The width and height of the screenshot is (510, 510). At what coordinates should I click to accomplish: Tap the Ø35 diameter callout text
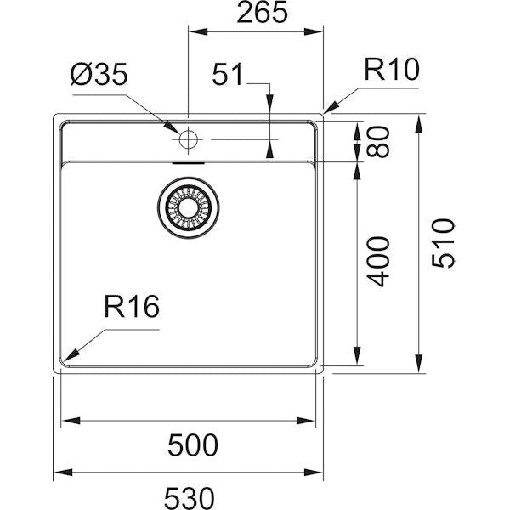pyautogui.click(x=99, y=76)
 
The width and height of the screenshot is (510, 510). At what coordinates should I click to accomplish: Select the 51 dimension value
pyautogui.click(x=228, y=76)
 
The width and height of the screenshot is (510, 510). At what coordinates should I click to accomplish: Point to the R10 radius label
pyautogui.click(x=392, y=70)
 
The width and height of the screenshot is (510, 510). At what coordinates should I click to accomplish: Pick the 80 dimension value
pyautogui.click(x=379, y=142)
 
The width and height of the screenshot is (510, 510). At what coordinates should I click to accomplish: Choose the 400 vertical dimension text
pyautogui.click(x=379, y=261)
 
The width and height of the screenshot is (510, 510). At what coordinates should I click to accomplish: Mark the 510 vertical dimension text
pyautogui.click(x=444, y=243)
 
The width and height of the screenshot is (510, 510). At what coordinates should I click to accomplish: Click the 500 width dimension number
pyautogui.click(x=191, y=444)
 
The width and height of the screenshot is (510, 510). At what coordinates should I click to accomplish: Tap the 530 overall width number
pyautogui.click(x=187, y=495)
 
